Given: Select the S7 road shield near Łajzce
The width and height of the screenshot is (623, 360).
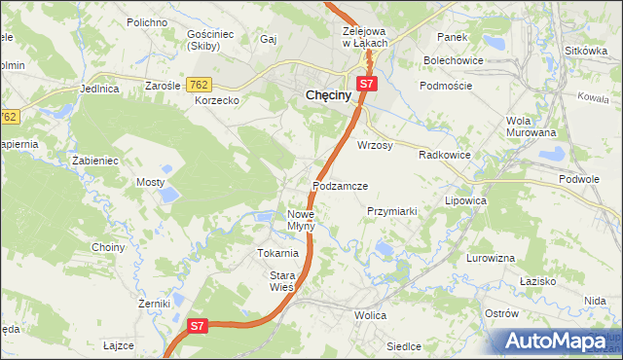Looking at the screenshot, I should tap(198, 326).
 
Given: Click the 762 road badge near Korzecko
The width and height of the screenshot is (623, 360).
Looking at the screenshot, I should tap(200, 86).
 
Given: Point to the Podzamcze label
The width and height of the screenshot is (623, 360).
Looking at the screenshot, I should tap(340, 185).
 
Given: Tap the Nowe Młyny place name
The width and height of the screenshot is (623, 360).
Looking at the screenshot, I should tap(301, 220).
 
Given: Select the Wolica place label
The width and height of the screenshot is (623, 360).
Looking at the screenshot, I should tap(370, 315).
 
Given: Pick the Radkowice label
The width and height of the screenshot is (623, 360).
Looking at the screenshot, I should tap(445, 155).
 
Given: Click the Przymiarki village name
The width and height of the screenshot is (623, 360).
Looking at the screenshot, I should tap(391, 210).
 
